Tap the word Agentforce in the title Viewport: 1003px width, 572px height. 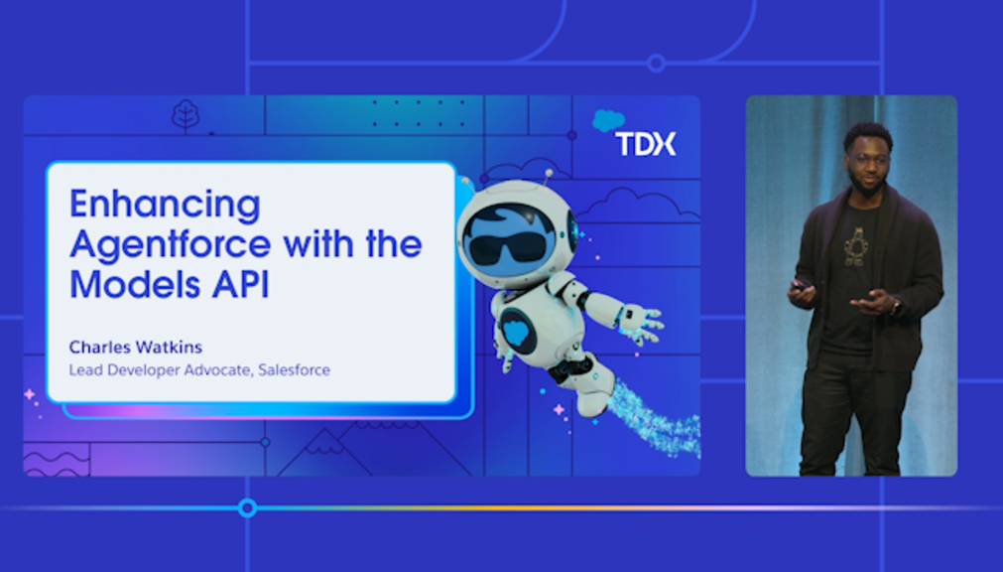point(171,245)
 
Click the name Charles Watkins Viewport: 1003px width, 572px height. point(136,348)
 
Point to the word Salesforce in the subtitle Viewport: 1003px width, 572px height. point(295,370)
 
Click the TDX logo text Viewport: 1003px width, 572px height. point(645,143)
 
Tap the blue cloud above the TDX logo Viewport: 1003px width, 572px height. point(608,120)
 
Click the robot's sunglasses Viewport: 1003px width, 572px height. point(508,246)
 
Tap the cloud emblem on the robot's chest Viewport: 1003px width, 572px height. point(516,331)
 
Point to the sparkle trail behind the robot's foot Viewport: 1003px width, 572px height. point(653,419)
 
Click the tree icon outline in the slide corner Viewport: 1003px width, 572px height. point(186,116)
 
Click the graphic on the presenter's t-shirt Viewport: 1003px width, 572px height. point(854,246)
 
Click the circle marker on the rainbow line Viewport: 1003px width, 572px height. point(248,508)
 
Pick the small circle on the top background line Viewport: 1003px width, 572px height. point(657,63)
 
